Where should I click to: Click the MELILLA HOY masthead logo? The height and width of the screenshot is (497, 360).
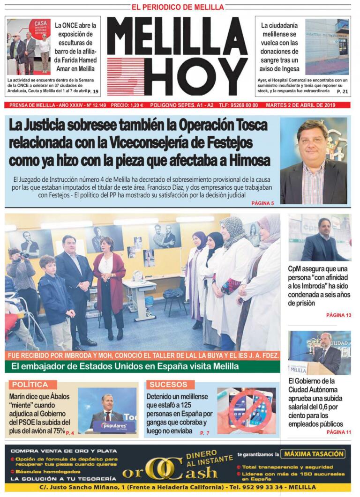pyautogui.click(x=177, y=56)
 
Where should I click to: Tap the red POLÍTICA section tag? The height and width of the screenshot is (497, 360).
pyautogui.click(x=30, y=385)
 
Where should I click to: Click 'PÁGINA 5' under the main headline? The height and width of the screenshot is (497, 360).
pyautogui.click(x=262, y=203)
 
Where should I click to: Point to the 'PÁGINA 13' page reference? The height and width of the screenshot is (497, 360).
pyautogui.click(x=338, y=315)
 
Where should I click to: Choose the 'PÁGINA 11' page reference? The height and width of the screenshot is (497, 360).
pyautogui.click(x=338, y=432)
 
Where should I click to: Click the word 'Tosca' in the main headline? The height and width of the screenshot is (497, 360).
pyautogui.click(x=247, y=126)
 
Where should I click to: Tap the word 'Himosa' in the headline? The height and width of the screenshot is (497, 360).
pyautogui.click(x=248, y=160)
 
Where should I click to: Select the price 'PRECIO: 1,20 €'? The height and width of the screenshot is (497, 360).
pyautogui.click(x=127, y=105)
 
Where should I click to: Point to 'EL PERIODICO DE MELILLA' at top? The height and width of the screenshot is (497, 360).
pyautogui.click(x=178, y=7)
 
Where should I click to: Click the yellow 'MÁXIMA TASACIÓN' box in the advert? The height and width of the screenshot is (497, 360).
pyautogui.click(x=315, y=454)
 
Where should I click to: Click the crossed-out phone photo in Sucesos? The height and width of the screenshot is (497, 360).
pyautogui.click(x=247, y=410)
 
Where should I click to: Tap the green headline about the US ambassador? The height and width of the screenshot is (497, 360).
pyautogui.click(x=142, y=366)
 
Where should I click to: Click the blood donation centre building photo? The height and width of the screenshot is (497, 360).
pyautogui.click(x=327, y=46)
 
